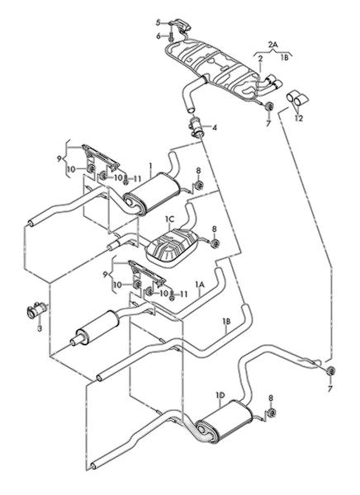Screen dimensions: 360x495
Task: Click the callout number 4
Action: [x=215, y=128]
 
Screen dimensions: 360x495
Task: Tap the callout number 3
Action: [x=40, y=328]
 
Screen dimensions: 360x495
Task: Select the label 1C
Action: [x=169, y=219]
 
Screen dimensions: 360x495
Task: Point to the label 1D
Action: [x=220, y=395]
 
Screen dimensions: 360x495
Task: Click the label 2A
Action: [x=272, y=45]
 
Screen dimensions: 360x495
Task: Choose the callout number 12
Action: [x=299, y=118]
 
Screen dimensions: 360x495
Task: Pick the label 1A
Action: [x=200, y=285]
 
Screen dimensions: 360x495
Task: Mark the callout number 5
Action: [x=158, y=22]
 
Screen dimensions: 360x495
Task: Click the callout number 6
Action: [x=159, y=36]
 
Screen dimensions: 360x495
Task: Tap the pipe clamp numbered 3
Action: [x=36, y=309]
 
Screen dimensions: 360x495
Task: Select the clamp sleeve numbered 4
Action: [x=197, y=127]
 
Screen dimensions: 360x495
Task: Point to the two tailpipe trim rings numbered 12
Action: [x=297, y=98]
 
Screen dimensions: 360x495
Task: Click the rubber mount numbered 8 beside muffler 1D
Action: [x=271, y=412]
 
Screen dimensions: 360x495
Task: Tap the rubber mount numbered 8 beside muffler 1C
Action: [x=216, y=243]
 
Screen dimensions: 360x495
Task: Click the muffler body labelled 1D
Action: [x=225, y=421]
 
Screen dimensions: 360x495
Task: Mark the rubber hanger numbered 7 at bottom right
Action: [x=330, y=371]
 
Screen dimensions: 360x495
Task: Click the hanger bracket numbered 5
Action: [x=181, y=26]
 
